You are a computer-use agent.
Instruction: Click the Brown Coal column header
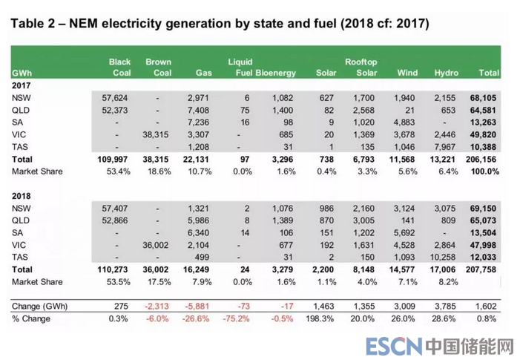pos(159,67)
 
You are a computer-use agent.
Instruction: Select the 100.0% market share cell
pos(486,171)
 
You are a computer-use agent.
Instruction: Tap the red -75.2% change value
pos(237,319)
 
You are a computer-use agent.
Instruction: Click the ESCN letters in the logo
pos(394,345)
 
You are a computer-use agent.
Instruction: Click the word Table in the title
pos(30,24)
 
